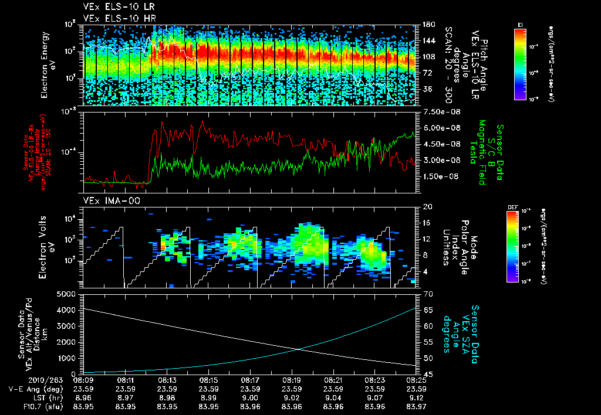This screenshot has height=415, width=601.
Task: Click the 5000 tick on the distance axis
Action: [x=68, y=293]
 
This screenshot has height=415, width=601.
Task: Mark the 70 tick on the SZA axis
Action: [x=427, y=293]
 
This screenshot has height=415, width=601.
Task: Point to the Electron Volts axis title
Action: [x=49, y=247]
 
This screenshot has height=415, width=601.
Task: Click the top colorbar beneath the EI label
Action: [x=520, y=63]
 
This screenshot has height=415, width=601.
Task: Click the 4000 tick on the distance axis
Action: [x=68, y=309]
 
